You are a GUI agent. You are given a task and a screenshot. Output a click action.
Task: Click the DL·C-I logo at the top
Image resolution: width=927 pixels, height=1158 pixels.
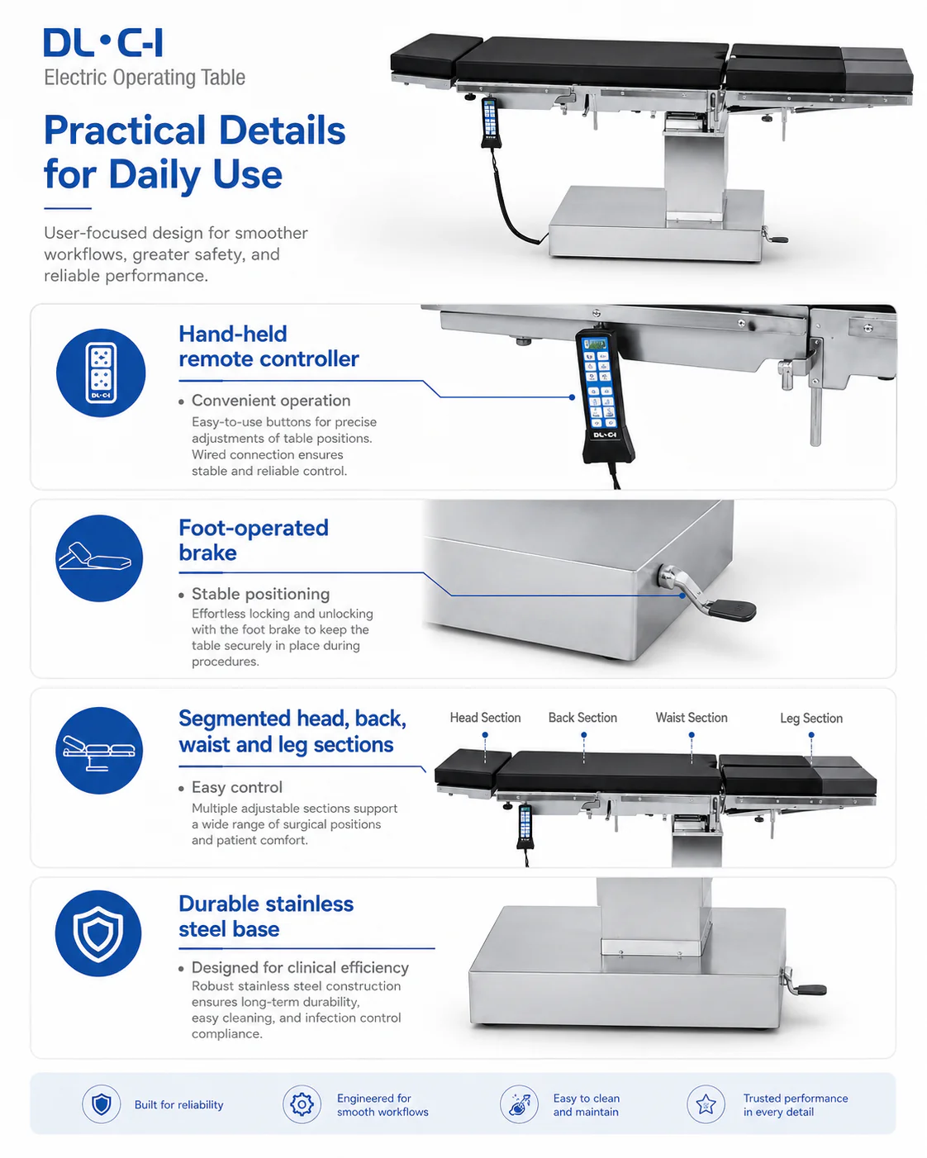point(102,42)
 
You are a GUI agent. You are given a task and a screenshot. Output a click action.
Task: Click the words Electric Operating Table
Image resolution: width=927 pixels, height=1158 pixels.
point(145,78)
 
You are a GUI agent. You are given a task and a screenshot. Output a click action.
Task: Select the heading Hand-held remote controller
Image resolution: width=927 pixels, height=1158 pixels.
point(268,346)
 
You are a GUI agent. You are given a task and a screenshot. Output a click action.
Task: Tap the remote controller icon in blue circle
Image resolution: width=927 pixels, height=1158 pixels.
point(101,373)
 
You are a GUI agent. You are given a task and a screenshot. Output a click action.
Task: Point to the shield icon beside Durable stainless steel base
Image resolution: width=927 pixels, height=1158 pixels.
point(98,933)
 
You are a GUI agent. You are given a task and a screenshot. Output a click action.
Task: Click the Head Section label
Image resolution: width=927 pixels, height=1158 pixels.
point(485,717)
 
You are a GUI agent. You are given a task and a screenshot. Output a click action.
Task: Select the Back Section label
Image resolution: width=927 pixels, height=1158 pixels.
point(582,717)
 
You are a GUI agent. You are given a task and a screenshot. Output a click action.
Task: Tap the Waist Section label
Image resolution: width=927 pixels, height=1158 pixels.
point(692,717)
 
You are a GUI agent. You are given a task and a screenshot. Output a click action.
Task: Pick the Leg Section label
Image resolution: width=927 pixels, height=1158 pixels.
point(811,718)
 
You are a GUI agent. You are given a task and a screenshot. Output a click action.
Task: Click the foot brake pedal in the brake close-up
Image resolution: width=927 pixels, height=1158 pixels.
point(731,610)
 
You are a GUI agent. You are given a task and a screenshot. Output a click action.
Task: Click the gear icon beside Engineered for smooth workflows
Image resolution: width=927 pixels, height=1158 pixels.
point(302,1104)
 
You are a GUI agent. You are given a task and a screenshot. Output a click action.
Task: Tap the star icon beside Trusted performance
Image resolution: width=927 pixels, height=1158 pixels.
point(706,1104)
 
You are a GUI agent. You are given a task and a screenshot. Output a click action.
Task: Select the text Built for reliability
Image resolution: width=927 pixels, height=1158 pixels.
point(178,1105)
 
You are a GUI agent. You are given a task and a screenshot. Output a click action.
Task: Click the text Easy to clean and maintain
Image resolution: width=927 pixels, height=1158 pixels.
point(587,1105)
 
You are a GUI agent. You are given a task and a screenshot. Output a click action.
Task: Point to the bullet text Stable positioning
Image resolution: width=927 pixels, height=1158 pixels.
point(260,594)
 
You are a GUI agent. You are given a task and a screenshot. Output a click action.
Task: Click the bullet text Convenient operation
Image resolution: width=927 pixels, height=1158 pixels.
point(271,401)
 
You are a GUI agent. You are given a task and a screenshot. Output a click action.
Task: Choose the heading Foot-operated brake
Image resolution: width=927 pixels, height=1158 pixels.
point(253,539)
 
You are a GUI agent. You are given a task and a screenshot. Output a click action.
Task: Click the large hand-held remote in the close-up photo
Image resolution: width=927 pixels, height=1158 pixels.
point(605,396)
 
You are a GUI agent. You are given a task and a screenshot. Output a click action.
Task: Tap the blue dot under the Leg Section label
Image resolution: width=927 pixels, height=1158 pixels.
point(811,735)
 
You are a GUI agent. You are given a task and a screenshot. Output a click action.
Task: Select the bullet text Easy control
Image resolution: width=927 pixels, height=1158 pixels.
point(237,787)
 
